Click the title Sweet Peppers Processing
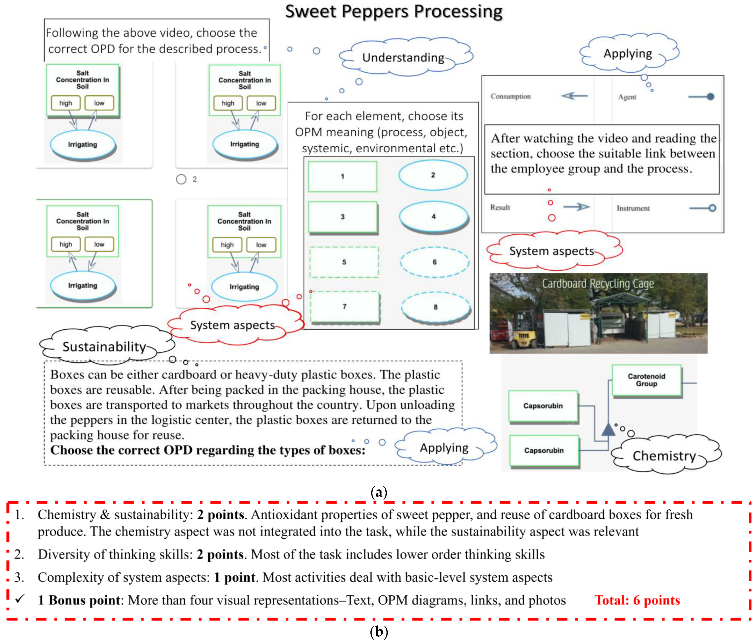tap(393, 12)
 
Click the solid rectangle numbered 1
tap(342, 176)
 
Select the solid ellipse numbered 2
tap(433, 175)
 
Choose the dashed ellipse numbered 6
tap(434, 262)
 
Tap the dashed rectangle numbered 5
tap(344, 262)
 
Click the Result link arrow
tap(576, 207)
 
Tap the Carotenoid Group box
tap(646, 380)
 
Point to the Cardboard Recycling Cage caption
tap(597, 284)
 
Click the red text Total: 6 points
tap(637, 600)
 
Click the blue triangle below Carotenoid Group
tap(608, 429)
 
